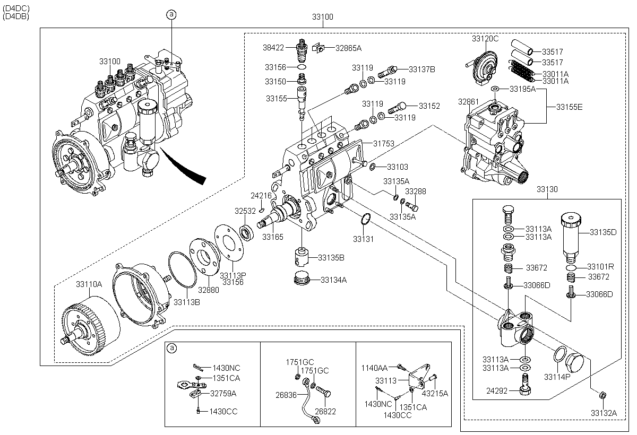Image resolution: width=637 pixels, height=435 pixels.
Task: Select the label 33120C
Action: [485, 39]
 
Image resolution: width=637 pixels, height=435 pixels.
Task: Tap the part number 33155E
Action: [570, 107]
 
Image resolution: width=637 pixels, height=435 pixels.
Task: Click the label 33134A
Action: [333, 280]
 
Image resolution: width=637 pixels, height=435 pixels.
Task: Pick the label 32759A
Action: [223, 393]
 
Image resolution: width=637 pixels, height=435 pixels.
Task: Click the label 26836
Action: [287, 396]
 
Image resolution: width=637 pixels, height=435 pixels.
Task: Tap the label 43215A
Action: [435, 393]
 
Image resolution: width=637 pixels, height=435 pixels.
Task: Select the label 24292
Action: [497, 391]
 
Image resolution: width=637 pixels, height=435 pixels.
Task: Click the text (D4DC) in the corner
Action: [16, 8]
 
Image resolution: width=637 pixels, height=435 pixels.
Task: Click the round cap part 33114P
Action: [575, 364]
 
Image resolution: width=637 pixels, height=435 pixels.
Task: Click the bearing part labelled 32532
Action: [247, 232]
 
